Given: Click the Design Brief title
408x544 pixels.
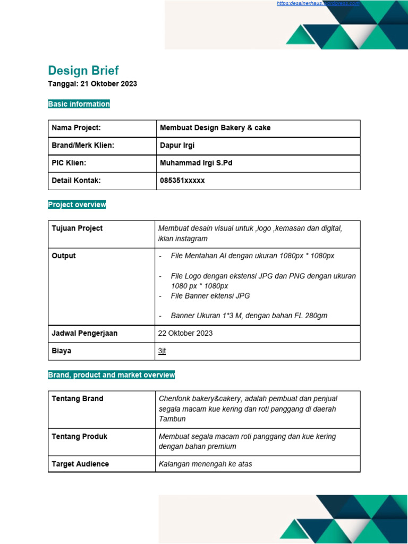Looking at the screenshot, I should [x=83, y=71].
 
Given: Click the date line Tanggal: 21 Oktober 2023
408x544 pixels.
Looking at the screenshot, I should [x=92, y=84].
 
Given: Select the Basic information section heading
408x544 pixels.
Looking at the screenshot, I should [x=79, y=104].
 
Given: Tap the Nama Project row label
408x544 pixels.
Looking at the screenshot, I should [x=76, y=128].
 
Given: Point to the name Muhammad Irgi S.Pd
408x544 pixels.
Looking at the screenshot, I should [x=196, y=163].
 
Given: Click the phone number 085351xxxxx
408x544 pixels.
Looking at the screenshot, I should [x=182, y=181].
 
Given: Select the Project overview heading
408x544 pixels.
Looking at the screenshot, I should [x=77, y=205].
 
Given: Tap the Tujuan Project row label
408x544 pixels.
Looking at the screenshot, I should [x=77, y=228].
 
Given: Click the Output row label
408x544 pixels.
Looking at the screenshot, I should [x=64, y=256].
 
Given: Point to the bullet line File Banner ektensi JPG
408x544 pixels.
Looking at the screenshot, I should [x=210, y=296].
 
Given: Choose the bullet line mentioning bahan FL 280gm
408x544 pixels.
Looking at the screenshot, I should [x=249, y=316].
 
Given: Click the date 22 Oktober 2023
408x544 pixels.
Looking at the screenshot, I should [x=185, y=333].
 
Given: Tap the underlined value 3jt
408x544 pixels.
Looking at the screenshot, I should [x=162, y=351].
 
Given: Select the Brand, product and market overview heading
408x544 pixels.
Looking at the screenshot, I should [x=111, y=375].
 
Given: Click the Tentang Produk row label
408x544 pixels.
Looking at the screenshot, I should [x=79, y=437].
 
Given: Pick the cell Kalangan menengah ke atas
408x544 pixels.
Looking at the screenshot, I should [x=205, y=464].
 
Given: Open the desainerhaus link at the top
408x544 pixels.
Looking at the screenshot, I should [x=318, y=4].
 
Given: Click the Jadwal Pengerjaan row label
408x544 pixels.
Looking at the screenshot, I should [x=84, y=333].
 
